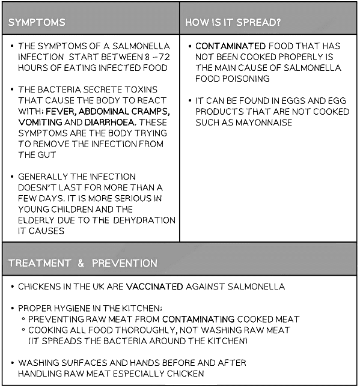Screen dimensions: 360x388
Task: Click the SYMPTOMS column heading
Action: tap(37, 23)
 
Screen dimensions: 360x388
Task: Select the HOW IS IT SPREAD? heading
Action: tap(233, 23)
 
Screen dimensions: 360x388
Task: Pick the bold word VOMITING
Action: tap(40, 122)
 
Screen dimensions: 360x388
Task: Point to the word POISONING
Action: tap(245, 79)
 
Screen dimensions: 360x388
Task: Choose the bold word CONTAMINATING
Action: tap(198, 319)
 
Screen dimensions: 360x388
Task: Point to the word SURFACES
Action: tap(80, 363)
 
